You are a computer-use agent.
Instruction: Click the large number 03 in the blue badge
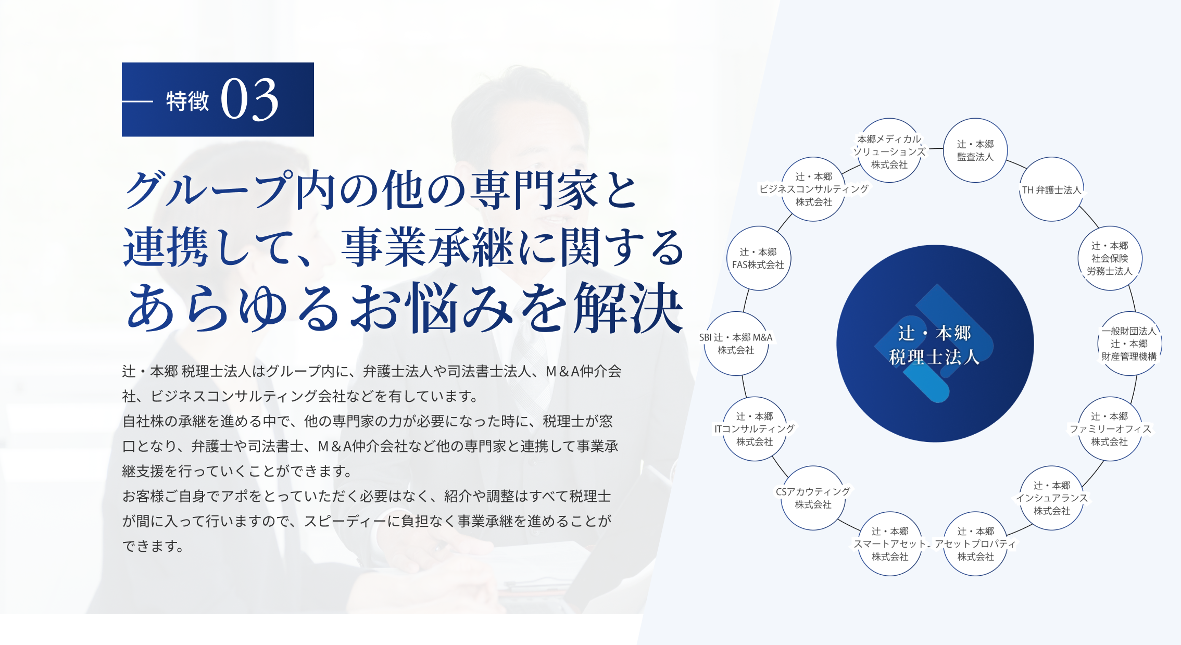click(249, 99)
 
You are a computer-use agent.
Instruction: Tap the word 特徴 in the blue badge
click(187, 101)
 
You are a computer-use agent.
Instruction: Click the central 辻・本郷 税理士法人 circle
click(935, 344)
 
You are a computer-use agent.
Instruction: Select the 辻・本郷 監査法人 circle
click(975, 150)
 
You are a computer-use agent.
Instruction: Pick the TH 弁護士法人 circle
click(1051, 189)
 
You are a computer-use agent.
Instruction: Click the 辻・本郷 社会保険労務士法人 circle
click(1110, 258)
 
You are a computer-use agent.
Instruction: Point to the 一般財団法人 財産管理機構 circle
click(1129, 344)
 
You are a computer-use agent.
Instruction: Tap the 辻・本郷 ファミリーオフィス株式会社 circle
click(1110, 429)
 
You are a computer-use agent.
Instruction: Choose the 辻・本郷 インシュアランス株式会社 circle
click(1052, 498)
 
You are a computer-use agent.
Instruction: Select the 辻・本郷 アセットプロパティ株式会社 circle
click(975, 544)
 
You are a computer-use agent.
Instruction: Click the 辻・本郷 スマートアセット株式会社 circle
click(890, 544)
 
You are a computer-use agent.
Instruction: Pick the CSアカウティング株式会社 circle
click(813, 498)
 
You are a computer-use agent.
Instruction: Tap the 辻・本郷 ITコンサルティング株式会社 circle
click(755, 429)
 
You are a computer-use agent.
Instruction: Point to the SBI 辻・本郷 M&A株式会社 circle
click(736, 344)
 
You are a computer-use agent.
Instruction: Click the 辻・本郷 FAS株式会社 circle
click(758, 258)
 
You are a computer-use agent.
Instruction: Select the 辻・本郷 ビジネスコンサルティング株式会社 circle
click(813, 189)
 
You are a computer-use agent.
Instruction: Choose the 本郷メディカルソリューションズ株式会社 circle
click(889, 151)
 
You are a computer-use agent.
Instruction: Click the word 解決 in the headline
click(628, 308)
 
